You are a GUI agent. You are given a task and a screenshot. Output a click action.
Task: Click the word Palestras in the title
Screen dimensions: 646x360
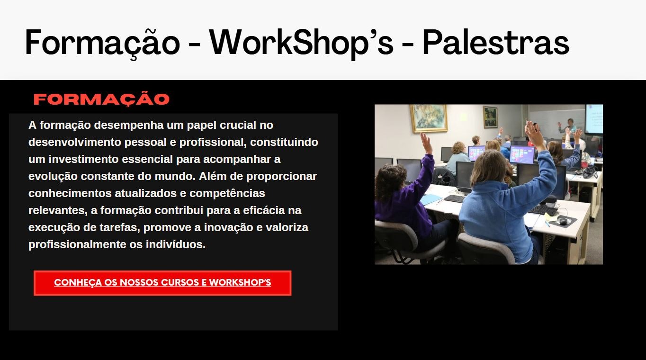point(496,43)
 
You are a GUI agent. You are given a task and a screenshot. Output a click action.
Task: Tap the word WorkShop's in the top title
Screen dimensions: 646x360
point(301,43)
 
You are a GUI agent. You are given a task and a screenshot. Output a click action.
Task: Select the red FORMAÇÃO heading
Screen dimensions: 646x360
point(101,99)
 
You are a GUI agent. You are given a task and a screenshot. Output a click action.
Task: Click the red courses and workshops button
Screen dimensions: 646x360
point(162,283)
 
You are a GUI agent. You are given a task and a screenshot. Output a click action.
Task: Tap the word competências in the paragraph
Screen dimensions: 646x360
point(227,194)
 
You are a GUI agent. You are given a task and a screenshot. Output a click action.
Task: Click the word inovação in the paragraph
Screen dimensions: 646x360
point(229,227)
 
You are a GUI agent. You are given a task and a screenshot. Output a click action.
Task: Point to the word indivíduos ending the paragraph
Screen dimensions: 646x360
point(175,244)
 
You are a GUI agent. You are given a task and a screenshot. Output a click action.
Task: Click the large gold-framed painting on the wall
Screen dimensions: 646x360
point(429,118)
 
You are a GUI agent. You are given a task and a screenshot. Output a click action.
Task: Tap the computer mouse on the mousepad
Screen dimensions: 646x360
point(563,221)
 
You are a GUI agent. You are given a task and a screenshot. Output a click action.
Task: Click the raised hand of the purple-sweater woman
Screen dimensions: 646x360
point(426,143)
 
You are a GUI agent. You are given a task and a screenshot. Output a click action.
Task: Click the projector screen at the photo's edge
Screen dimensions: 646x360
point(594,119)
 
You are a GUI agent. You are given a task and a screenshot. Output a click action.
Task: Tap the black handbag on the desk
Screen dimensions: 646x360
point(589,171)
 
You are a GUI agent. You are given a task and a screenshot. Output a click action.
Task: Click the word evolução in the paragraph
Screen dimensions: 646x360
point(53,176)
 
